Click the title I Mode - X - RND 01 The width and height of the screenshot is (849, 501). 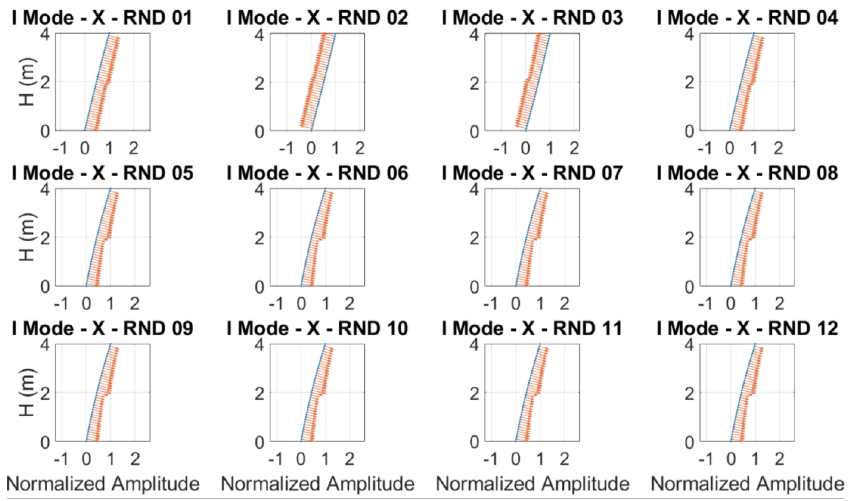[x=102, y=18]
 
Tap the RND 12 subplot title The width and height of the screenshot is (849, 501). [x=747, y=328]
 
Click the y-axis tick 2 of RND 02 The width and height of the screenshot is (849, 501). [x=259, y=83]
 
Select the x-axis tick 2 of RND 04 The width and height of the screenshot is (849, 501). [x=778, y=149]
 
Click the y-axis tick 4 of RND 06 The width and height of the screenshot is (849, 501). [x=259, y=191]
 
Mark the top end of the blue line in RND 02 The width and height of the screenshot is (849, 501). [x=336, y=33]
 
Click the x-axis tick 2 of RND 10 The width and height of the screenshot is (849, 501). [x=349, y=459]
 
